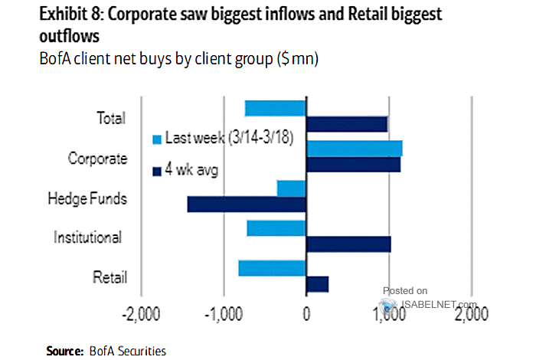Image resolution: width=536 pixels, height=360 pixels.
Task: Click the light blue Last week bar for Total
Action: tap(276, 108)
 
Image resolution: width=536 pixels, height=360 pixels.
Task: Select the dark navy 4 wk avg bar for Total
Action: tap(346, 124)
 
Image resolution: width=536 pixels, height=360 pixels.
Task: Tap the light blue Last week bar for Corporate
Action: tap(354, 149)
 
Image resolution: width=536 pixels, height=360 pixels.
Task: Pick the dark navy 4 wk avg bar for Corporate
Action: tap(353, 164)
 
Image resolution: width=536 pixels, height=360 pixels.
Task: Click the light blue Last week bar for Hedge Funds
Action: tap(292, 188)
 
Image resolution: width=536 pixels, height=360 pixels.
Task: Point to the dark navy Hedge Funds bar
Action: tap(247, 204)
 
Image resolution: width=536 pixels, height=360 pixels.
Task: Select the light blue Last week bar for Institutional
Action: tap(276, 228)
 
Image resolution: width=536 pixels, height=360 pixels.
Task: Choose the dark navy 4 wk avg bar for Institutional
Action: tap(348, 244)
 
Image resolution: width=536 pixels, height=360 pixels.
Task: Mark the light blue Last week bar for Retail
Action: tap(273, 268)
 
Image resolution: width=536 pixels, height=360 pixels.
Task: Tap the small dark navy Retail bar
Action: tap(317, 284)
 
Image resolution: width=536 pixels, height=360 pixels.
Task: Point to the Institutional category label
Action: tap(87, 237)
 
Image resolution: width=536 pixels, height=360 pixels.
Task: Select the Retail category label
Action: tap(109, 277)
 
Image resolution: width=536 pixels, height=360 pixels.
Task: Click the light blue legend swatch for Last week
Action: tap(158, 139)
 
